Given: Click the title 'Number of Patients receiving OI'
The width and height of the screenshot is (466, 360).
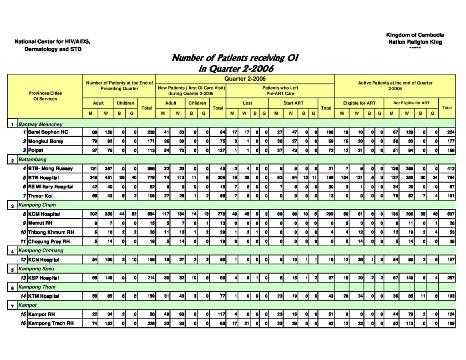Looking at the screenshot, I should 235,58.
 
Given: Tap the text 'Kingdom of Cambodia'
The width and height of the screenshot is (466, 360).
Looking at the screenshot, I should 415,35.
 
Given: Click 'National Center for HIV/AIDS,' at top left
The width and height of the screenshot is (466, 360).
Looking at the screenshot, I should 52,42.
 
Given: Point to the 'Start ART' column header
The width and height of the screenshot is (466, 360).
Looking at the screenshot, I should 294,103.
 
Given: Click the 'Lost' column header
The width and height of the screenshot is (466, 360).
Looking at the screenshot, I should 247,103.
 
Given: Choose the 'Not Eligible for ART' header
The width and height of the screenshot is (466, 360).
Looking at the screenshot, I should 411,103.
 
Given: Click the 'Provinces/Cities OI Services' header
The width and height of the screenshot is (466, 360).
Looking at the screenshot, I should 45,96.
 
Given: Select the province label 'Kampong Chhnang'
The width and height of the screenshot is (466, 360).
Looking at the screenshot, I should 41,251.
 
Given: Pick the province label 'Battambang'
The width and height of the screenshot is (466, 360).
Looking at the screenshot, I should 32,160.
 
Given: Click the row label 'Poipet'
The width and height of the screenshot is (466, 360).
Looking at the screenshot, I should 36,150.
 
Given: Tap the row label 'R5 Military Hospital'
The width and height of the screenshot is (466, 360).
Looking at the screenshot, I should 51,187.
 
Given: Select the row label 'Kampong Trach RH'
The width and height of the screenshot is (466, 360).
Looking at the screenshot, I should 51,324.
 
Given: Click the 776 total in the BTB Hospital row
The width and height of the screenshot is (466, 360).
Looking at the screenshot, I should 146,177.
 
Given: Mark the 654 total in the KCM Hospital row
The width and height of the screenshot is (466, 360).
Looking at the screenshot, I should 146,214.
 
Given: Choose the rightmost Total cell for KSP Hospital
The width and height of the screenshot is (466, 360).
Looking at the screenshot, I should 448,278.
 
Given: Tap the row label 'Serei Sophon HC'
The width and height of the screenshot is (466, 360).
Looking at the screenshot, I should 48,132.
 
